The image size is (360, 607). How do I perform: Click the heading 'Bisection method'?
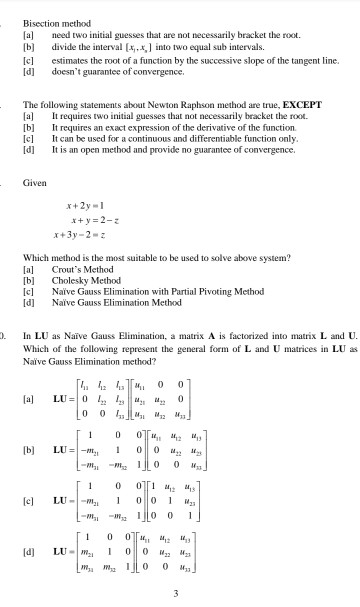[57, 23]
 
